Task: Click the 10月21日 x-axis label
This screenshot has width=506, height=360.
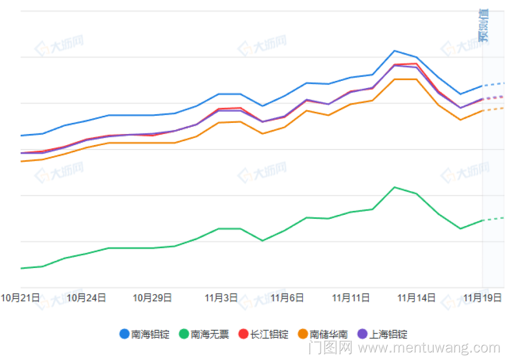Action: (20, 298)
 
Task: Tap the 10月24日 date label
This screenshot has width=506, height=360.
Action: (86, 298)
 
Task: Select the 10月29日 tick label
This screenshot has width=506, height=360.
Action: (152, 298)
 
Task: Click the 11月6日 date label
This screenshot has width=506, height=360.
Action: (287, 298)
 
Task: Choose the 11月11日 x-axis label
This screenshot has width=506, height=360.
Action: (351, 298)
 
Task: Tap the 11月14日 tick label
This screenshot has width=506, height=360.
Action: (416, 298)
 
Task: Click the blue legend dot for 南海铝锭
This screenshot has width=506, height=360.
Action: (124, 334)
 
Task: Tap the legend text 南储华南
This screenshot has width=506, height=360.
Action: (329, 334)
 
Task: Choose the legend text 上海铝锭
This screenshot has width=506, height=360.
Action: (389, 334)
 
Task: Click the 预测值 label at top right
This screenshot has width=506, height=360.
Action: (484, 25)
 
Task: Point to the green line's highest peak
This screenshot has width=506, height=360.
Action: (395, 187)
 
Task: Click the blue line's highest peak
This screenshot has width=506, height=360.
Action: (395, 51)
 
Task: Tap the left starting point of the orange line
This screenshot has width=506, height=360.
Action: (21, 161)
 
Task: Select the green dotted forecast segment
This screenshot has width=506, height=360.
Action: (493, 218)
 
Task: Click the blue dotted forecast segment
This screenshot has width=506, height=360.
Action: (493, 84)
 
